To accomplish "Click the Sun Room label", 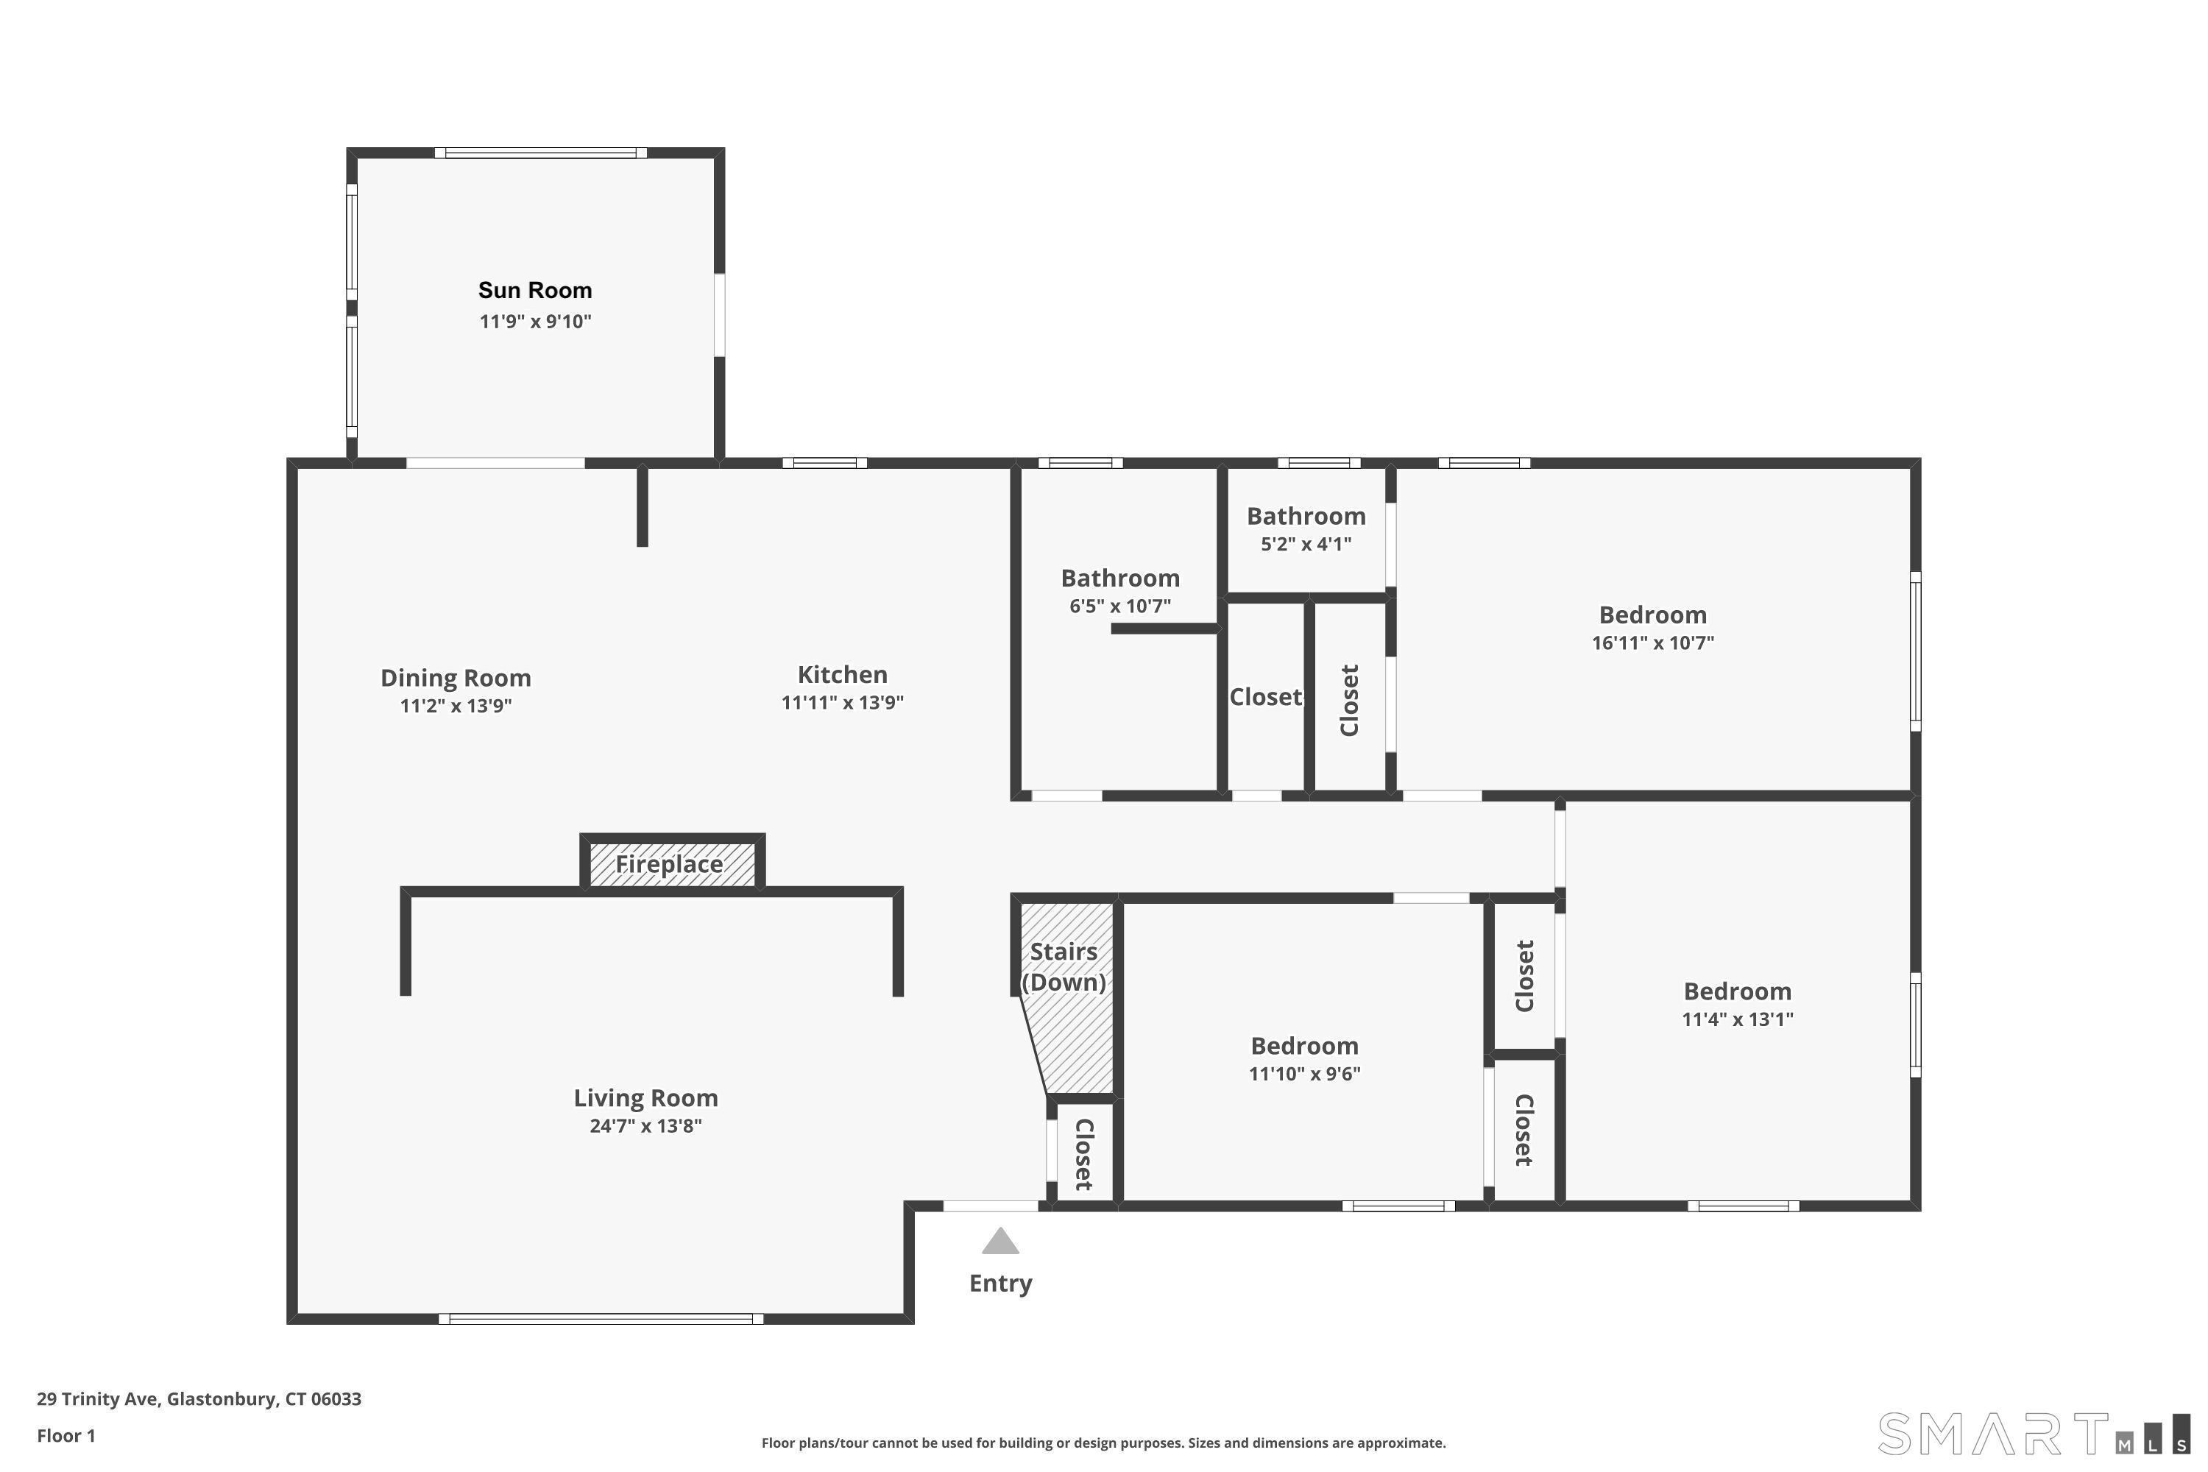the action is pos(535,290).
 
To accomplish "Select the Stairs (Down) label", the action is pos(1064,966).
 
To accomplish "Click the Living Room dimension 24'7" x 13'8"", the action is pos(646,1125).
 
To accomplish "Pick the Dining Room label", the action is pos(456,678).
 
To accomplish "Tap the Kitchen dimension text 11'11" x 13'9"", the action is pos(842,702).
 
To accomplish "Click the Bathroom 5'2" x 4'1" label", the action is pos(1306,517).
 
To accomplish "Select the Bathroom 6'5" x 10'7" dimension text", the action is pos(1120,606).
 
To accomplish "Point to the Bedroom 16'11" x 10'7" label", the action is pos(1652,615).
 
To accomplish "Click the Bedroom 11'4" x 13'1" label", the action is pos(1737,991).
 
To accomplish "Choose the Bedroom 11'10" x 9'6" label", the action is pos(1304,1046).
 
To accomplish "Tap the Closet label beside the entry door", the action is pos(1083,1155).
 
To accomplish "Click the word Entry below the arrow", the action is pos(1001,1284).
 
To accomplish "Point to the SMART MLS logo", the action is pos(2034,1434).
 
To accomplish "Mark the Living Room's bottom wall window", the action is pos(601,1319).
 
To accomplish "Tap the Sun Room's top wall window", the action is pos(541,153).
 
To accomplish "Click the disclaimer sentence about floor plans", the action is pos(1103,1443).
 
